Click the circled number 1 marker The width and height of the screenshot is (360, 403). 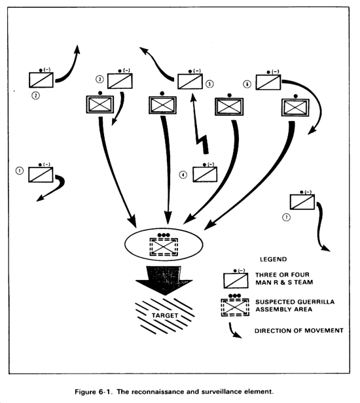point(20,171)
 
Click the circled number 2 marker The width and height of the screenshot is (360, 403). point(36,96)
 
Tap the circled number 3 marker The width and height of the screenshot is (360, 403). point(99,79)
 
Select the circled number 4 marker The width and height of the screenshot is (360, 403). point(183,175)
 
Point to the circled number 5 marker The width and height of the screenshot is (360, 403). point(209,84)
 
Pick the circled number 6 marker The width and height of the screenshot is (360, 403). point(247,84)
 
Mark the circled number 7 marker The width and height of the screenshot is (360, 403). point(287,217)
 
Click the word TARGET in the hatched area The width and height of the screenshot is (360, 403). point(165,315)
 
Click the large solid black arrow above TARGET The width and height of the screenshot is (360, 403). point(164,280)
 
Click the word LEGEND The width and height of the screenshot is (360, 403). point(274,259)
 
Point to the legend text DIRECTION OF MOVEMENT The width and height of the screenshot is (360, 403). point(299,330)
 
